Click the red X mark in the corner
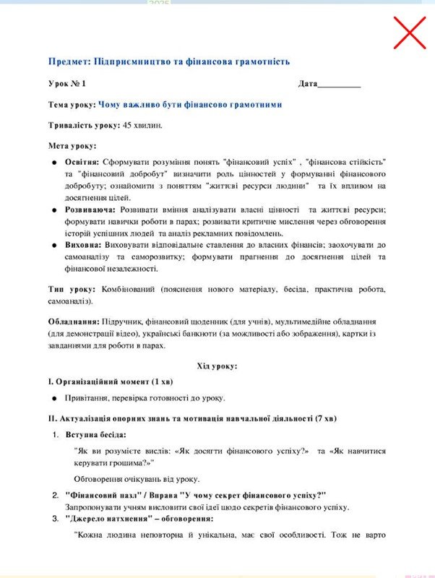409,33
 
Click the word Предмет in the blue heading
70,62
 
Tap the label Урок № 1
67,84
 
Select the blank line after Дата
339,84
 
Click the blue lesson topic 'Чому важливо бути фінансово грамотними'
190,105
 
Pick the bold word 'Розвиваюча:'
90,209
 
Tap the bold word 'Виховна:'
82,245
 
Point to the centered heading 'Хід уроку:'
217,366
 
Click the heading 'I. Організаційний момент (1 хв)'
111,381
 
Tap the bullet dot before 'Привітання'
55,398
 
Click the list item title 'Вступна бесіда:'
95,435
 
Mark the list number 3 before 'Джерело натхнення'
55,519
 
